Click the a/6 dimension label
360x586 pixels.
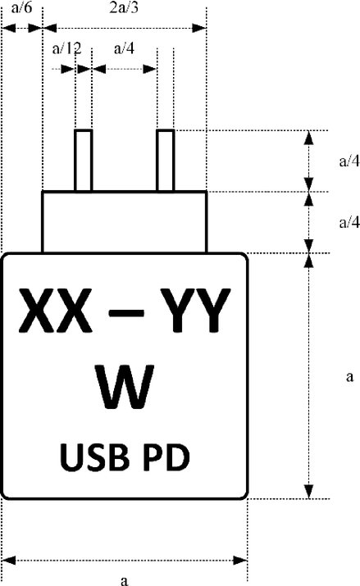[x=21, y=7]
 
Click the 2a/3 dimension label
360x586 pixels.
[x=124, y=7]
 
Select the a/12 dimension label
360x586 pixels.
[x=66, y=48]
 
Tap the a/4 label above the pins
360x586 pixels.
[x=124, y=48]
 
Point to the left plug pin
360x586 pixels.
[x=84, y=161]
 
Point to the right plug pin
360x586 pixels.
[x=165, y=161]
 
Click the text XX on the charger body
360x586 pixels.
[x=55, y=310]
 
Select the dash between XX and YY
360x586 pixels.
[x=126, y=313]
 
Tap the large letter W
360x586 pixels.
[x=125, y=387]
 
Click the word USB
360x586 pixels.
[x=94, y=457]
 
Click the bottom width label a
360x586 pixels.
[x=125, y=580]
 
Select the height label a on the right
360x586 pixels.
[x=349, y=377]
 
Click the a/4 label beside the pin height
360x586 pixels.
[x=349, y=161]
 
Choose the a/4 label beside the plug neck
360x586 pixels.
[x=349, y=222]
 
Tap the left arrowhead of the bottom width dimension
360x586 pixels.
[x=8, y=561]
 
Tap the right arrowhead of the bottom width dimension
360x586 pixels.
[x=240, y=561]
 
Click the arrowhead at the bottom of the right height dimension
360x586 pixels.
[x=309, y=492]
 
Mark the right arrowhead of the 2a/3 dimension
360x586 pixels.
[x=199, y=28]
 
